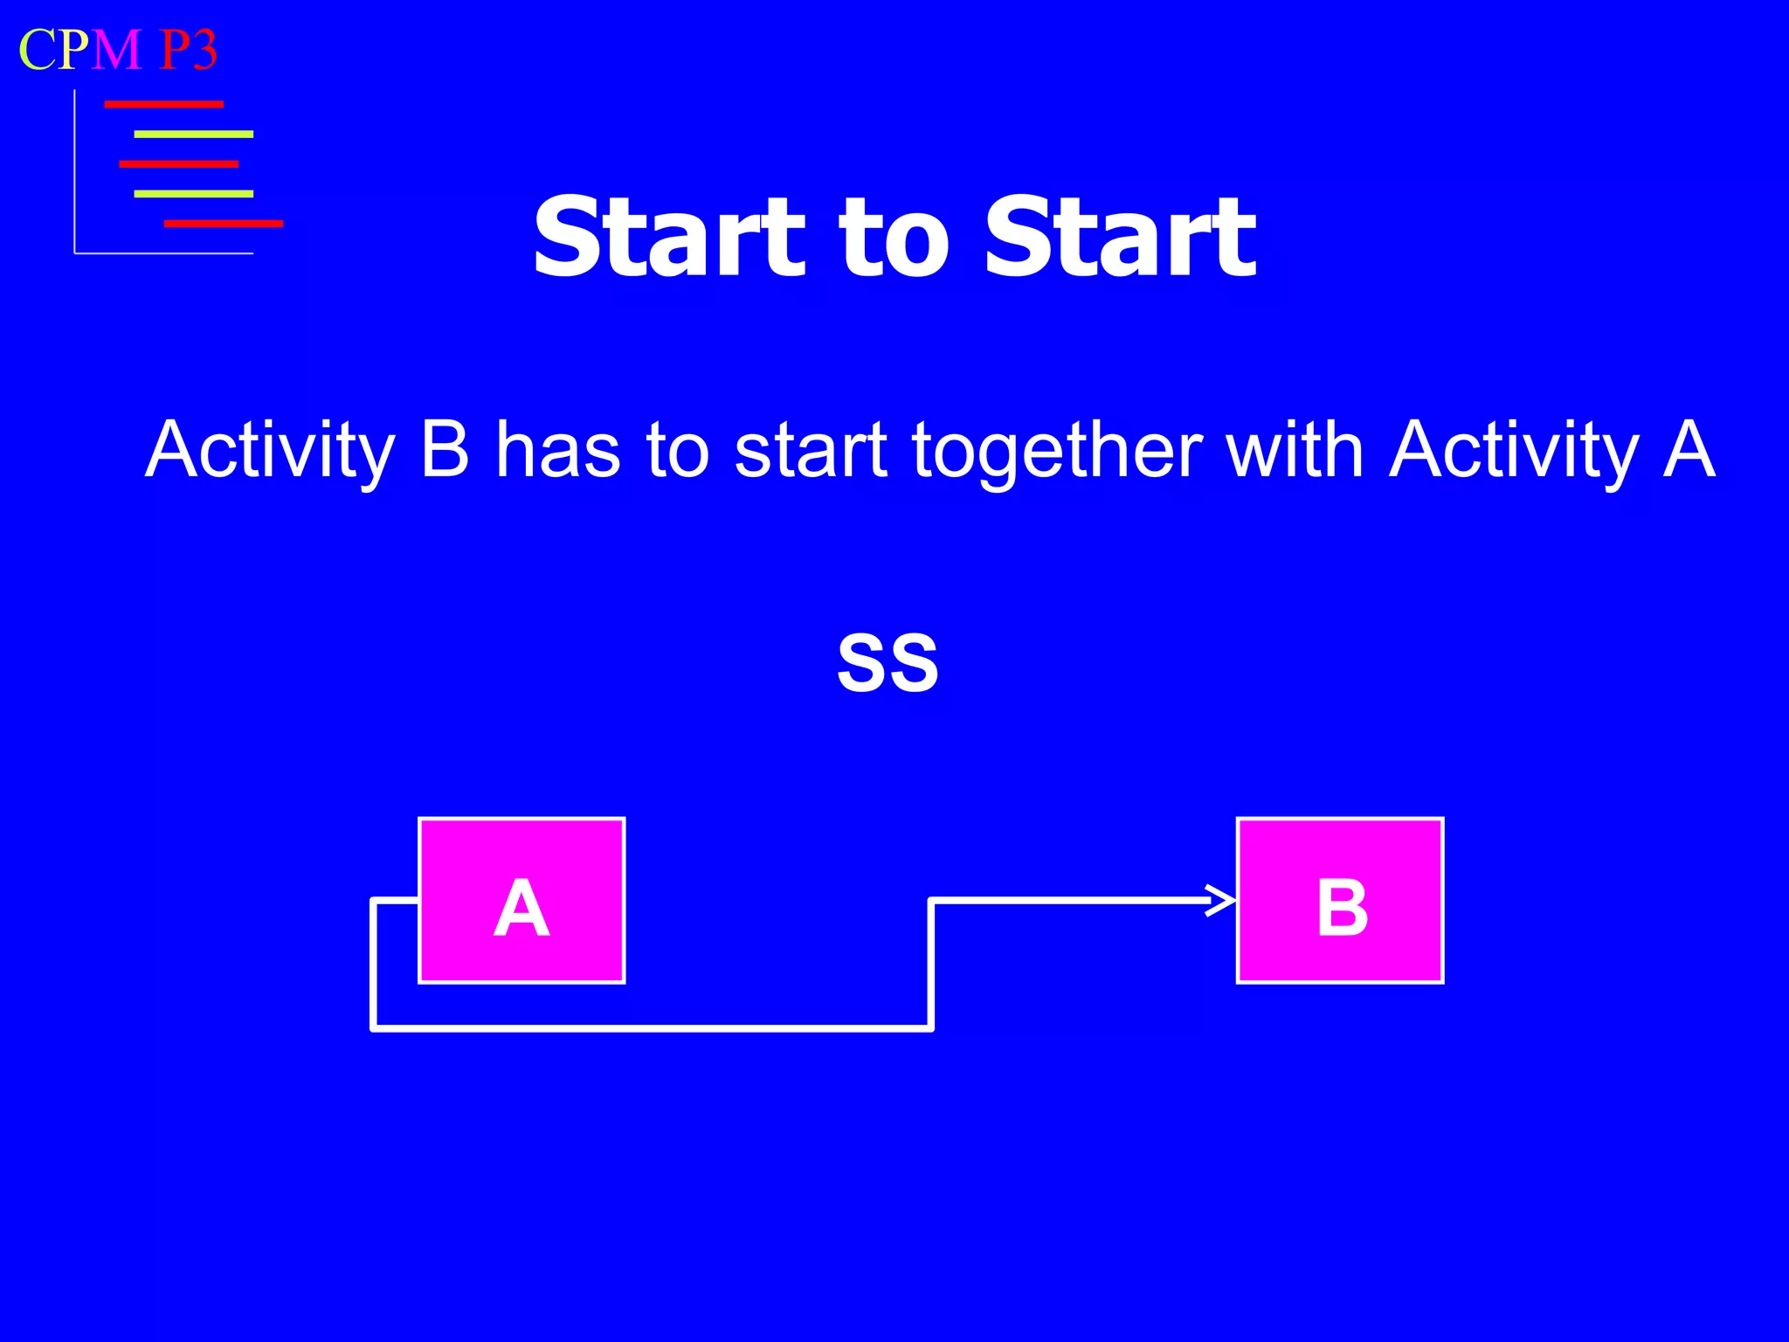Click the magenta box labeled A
click(522, 901)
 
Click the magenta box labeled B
click(1339, 901)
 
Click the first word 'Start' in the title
click(668, 238)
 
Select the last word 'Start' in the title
click(1120, 238)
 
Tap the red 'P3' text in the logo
click(189, 50)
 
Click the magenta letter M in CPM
click(116, 50)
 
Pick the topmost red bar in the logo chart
click(163, 105)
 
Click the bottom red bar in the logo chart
click(223, 224)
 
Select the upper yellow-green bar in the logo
click(193, 135)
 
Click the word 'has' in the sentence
click(557, 451)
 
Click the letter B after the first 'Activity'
click(445, 451)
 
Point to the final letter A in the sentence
click(1688, 451)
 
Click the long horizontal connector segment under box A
click(651, 1029)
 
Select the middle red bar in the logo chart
click(178, 164)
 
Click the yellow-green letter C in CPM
click(38, 50)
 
